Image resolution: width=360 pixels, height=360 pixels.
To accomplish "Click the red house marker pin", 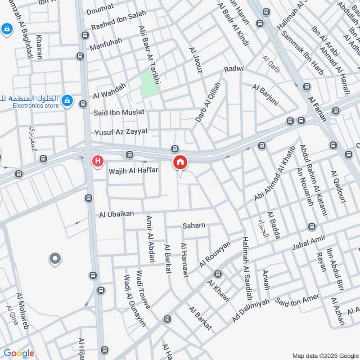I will (180, 162).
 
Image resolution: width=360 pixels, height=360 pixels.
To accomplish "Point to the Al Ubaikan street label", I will (117, 215).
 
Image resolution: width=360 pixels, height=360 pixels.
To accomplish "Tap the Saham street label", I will (193, 225).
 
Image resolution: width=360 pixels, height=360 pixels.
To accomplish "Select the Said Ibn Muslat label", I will (119, 112).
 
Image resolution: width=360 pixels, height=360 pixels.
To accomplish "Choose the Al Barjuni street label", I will (265, 94).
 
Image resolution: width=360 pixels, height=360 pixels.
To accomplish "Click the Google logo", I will (19, 353).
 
